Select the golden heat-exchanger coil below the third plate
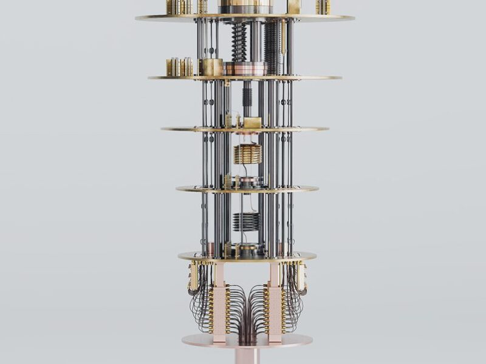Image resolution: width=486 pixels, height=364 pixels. [248, 153]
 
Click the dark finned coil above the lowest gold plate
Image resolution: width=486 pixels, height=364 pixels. [246, 221]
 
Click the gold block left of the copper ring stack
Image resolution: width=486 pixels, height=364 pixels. [213, 67]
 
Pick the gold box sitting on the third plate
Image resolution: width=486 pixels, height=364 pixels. [252, 123]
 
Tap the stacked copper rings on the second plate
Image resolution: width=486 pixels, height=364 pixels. [245, 69]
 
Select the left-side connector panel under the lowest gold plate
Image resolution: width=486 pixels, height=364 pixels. [194, 276]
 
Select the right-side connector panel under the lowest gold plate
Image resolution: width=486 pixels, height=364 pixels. [301, 276]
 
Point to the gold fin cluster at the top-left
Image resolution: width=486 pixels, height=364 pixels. [180, 7]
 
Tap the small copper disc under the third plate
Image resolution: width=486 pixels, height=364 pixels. [247, 134]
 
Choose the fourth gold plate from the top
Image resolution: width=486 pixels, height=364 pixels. [247, 189]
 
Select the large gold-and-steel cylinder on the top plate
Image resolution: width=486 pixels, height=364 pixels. [245, 7]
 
